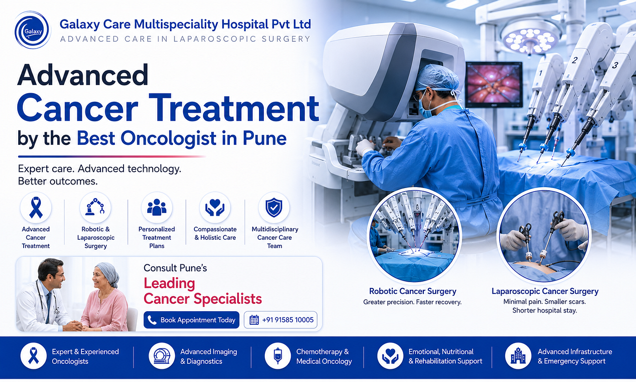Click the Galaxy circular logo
[x=32, y=30]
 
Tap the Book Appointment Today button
[x=191, y=320]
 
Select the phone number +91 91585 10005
[x=288, y=320]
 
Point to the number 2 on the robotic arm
[x=575, y=60]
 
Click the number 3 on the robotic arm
[x=615, y=65]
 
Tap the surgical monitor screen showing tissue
[x=494, y=84]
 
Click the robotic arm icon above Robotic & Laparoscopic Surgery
[x=95, y=207]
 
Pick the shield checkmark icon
[x=274, y=208]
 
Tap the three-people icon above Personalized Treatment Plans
[x=157, y=207]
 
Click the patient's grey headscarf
[x=109, y=274]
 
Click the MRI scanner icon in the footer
[x=162, y=356]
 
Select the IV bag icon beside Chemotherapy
[x=278, y=356]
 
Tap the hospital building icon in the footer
[x=518, y=356]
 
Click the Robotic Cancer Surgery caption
[x=412, y=291]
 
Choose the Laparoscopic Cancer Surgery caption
[x=545, y=291]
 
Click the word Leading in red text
[x=169, y=284]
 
